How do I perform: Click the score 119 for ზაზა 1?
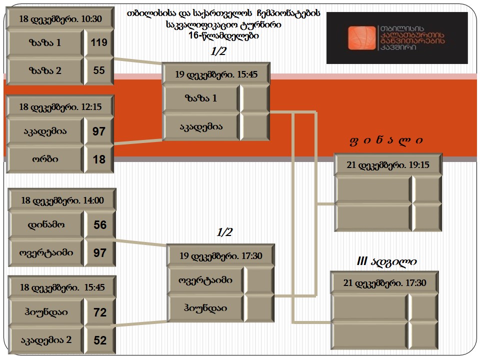pyautogui.click(x=99, y=42)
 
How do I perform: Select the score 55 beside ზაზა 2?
pyautogui.click(x=99, y=70)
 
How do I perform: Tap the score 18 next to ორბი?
pyautogui.click(x=99, y=159)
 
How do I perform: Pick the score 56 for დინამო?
pyautogui.click(x=100, y=224)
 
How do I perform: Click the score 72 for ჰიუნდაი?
pyautogui.click(x=100, y=312)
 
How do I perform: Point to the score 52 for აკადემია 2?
pyautogui.click(x=100, y=340)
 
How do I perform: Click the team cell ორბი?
pyautogui.click(x=45, y=159)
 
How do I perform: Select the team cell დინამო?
pyautogui.click(x=46, y=224)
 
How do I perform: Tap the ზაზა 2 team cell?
pyautogui.click(x=45, y=70)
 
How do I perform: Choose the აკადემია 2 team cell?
pyautogui.click(x=46, y=340)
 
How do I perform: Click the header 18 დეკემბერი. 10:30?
pyautogui.click(x=60, y=18)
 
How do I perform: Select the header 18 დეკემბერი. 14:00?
pyautogui.click(x=62, y=200)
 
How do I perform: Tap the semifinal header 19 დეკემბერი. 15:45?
pyautogui.click(x=216, y=74)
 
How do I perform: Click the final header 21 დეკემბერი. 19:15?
pyautogui.click(x=388, y=164)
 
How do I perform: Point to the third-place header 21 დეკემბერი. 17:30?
pyautogui.click(x=384, y=282)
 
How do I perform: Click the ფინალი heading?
pyautogui.click(x=386, y=140)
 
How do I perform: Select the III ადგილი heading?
pyautogui.click(x=386, y=261)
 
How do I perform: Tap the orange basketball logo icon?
pyautogui.click(x=361, y=38)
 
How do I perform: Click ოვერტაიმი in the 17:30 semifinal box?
pyautogui.click(x=205, y=280)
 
